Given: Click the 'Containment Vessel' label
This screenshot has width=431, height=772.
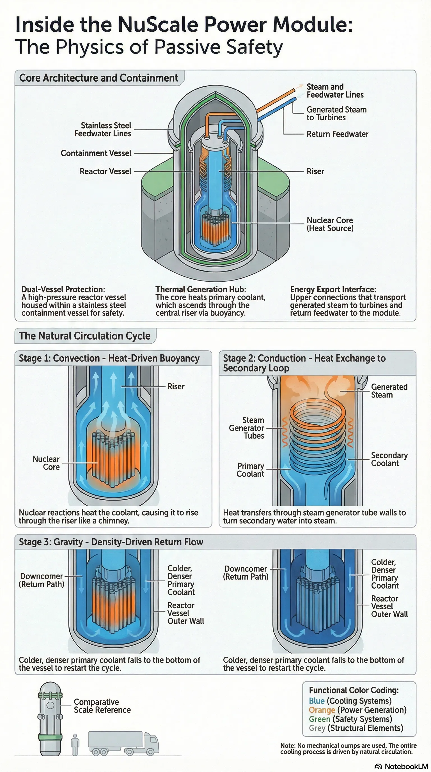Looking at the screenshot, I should point(96,153).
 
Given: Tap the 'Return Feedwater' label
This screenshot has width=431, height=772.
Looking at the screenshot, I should point(337,134).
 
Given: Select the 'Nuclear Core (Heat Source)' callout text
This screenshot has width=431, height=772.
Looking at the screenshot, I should point(330,224).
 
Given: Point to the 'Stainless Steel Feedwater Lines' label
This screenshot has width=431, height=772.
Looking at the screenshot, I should point(103,130).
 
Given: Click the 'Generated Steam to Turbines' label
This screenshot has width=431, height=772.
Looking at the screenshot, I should point(336,114).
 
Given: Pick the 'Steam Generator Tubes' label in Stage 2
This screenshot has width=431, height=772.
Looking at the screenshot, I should point(247,428).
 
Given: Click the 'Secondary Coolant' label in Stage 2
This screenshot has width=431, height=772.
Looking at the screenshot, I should point(389,459).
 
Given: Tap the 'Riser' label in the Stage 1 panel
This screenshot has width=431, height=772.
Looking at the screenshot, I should point(176,387).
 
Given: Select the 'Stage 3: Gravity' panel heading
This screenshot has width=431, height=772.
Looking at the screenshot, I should point(111,542).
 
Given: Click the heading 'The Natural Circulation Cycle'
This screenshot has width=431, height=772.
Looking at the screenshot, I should point(85,336).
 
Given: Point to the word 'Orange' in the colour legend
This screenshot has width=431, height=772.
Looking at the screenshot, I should point(322,710).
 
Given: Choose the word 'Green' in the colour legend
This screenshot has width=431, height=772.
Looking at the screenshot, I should point(320,719).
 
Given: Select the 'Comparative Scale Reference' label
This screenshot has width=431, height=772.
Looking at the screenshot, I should point(102,706).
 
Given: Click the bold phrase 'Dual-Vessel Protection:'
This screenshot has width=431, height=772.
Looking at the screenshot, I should point(63,289).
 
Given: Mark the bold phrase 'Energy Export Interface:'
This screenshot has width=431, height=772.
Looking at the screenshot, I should point(333,289).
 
